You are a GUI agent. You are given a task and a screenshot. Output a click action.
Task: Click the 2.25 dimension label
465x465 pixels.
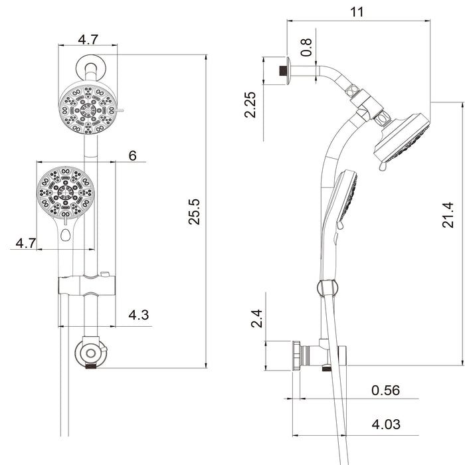(251, 104)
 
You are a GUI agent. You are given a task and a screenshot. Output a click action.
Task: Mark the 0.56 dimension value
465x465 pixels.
(385, 390)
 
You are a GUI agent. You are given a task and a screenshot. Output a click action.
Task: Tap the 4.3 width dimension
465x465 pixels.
(138, 316)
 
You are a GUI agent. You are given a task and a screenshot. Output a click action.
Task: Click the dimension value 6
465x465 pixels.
(132, 155)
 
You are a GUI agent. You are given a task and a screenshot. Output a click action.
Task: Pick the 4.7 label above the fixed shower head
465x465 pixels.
(88, 39)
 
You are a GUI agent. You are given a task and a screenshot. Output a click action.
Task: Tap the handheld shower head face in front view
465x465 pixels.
(66, 193)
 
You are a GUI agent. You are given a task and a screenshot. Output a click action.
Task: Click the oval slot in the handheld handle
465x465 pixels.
(65, 234)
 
